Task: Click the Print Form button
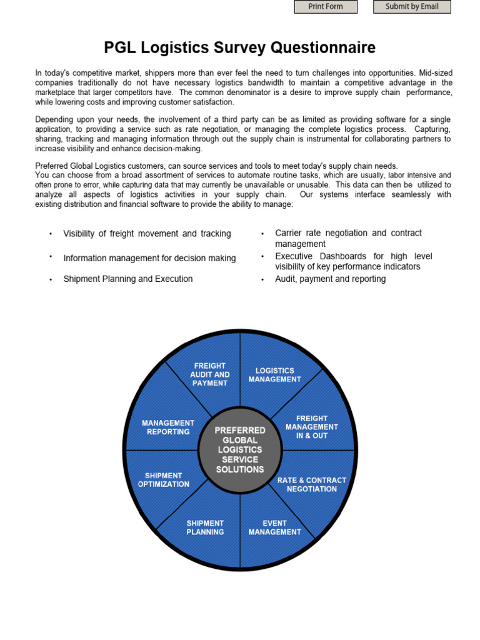(326, 7)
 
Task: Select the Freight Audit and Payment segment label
(210, 374)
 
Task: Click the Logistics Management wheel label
(274, 375)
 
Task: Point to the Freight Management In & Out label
(312, 427)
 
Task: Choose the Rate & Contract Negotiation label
(312, 485)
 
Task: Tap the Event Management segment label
(274, 527)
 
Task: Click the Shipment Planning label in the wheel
(205, 527)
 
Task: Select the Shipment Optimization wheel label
(164, 480)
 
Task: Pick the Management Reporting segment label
(168, 427)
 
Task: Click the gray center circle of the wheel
(240, 450)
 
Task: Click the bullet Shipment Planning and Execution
(127, 279)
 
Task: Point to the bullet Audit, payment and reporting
(330, 279)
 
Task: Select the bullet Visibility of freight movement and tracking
(147, 234)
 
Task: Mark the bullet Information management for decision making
(149, 258)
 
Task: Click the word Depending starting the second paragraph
(56, 119)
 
